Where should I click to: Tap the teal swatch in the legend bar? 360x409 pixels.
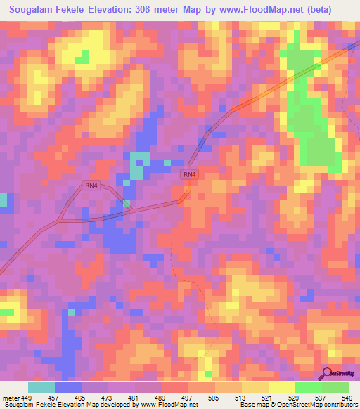41,387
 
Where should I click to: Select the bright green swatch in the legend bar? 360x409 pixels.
308,387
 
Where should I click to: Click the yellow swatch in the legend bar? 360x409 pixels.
255,387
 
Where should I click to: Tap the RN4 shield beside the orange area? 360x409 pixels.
188,174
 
